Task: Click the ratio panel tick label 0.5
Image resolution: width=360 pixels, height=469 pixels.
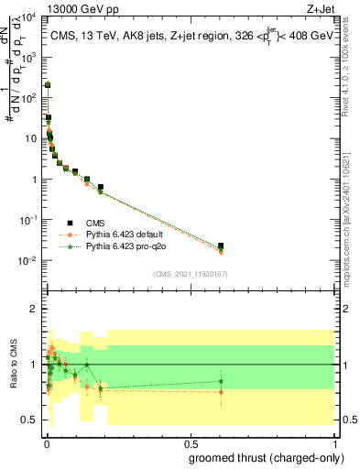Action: tap(31, 420)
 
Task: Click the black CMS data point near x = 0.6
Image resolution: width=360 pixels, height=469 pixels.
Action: tap(220, 245)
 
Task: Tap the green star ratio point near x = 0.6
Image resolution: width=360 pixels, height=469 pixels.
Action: tap(220, 381)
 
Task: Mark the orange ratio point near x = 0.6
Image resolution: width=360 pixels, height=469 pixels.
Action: tap(220, 392)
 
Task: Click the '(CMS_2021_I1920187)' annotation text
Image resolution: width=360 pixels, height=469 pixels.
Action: tap(189, 273)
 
